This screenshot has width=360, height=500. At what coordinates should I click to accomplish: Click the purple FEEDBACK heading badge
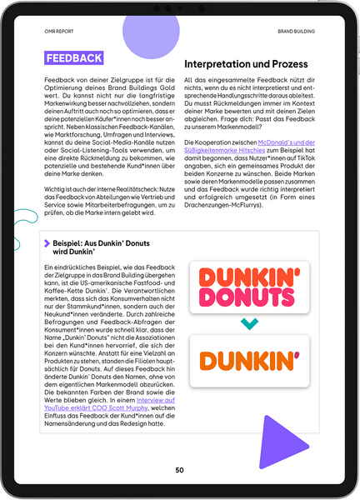(x=74, y=58)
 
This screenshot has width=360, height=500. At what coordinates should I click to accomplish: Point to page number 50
(x=179, y=470)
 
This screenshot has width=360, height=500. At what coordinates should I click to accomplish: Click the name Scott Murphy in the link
(x=132, y=408)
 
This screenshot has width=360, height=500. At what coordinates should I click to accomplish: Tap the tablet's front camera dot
(x=180, y=7)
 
